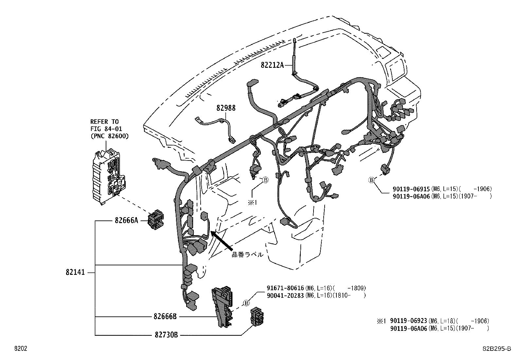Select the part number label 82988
coord(225,108)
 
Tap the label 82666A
coord(126,220)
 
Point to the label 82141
coord(75,272)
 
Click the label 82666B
coord(165,317)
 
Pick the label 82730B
coord(166,335)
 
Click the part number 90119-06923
coord(409,321)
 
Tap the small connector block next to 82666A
coord(156,220)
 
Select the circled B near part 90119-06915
coord(371,180)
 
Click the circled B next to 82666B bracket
coord(247,303)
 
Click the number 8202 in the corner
coord(20,349)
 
